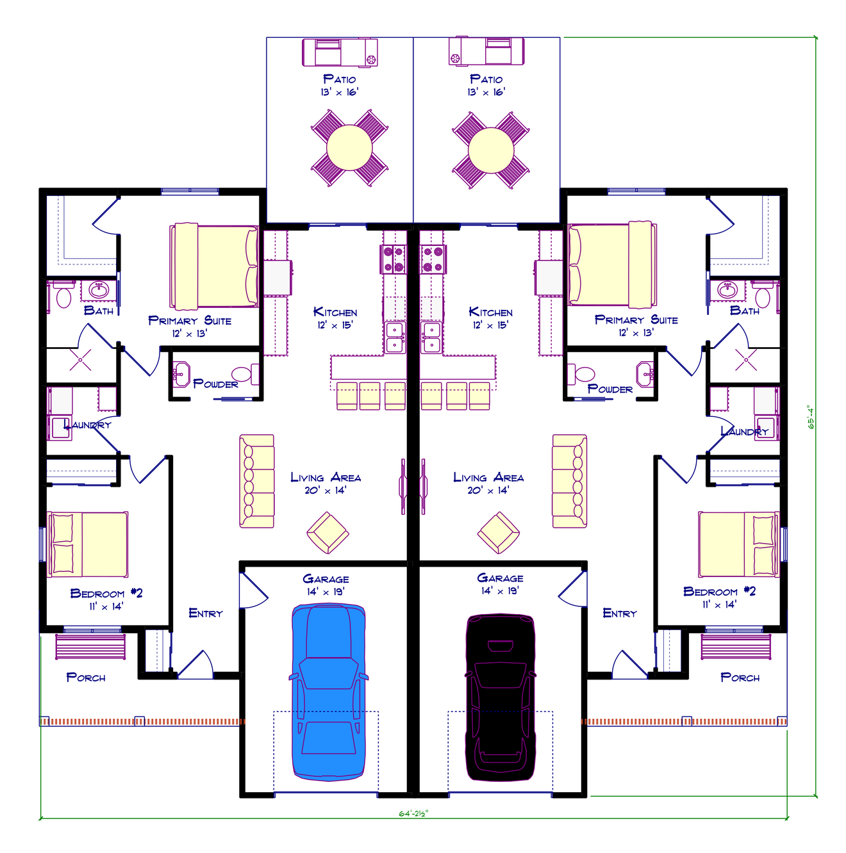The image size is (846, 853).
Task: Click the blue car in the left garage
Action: (328, 692)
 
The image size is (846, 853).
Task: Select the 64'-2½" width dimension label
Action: (413, 813)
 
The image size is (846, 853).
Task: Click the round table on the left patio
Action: (349, 148)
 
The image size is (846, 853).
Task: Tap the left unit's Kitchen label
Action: (335, 313)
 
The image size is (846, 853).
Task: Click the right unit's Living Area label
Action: (488, 478)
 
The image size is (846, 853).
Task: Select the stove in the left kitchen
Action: (394, 259)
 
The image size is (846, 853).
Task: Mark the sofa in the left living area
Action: (256, 482)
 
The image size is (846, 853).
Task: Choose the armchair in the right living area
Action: (499, 533)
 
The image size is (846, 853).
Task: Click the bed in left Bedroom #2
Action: (88, 544)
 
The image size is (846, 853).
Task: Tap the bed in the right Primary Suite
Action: (612, 264)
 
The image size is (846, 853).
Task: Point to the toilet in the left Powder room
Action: (242, 374)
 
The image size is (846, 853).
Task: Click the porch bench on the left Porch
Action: (90, 647)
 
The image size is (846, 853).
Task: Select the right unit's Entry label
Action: (620, 613)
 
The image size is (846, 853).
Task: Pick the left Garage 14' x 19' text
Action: (326, 585)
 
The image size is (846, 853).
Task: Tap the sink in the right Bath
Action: (727, 290)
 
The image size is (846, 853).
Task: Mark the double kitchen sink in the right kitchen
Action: (431, 337)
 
